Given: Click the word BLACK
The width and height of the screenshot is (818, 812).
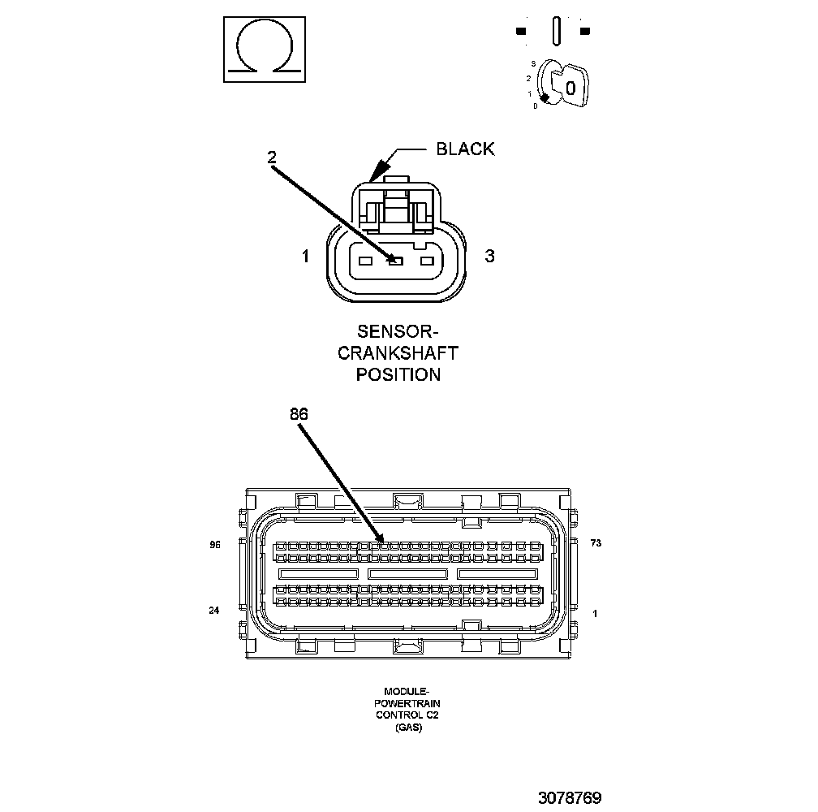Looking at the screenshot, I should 465,149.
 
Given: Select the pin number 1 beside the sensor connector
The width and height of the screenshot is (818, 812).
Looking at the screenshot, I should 305,257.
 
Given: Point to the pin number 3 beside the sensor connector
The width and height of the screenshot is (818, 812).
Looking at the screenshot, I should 489,257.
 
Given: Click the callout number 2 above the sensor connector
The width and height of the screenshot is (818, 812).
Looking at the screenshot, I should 272,158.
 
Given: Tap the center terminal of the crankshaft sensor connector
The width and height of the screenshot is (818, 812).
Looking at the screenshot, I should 396,261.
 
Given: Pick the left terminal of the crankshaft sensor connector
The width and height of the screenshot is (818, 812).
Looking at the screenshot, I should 365,261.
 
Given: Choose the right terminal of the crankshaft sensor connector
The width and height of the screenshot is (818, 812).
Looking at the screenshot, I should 427,261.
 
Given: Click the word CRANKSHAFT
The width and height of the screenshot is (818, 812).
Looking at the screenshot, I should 398,353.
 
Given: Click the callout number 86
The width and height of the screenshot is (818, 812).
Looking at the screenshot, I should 299,413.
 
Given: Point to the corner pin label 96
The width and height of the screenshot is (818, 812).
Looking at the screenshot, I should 215,545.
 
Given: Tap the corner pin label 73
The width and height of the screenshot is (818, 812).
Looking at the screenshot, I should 596,542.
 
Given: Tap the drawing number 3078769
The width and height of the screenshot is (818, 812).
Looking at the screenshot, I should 569,797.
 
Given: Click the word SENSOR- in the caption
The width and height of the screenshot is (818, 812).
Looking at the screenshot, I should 398,332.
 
